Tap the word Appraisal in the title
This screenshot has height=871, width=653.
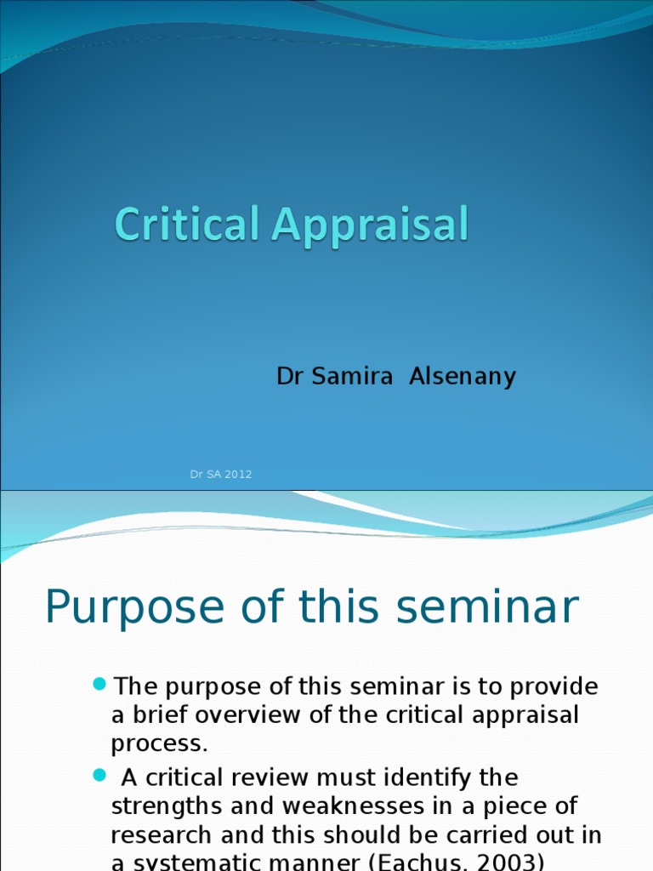370,227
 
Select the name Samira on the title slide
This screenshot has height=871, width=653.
351,376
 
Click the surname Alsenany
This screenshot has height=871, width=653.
463,376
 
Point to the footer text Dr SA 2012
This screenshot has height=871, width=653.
221,475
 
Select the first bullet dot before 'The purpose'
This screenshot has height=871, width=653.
100,685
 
